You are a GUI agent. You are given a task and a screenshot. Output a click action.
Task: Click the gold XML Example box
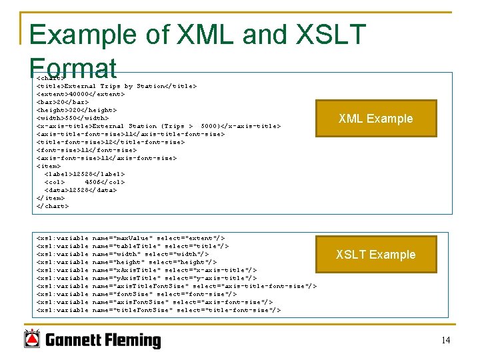(x=376, y=119)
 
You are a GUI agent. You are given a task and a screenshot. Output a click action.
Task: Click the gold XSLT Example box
(x=375, y=255)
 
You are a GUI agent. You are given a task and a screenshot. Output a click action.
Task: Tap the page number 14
(x=445, y=341)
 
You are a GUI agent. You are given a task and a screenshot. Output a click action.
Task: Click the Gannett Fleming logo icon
(x=31, y=339)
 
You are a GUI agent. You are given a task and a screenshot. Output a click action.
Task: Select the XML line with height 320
(x=76, y=110)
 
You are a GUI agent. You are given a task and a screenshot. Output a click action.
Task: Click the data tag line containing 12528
(x=80, y=190)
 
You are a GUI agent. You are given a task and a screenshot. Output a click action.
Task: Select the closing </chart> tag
(x=52, y=206)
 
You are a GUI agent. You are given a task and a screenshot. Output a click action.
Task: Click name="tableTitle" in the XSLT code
(x=125, y=246)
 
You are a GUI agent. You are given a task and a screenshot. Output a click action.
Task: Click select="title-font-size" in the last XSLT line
(x=229, y=310)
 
